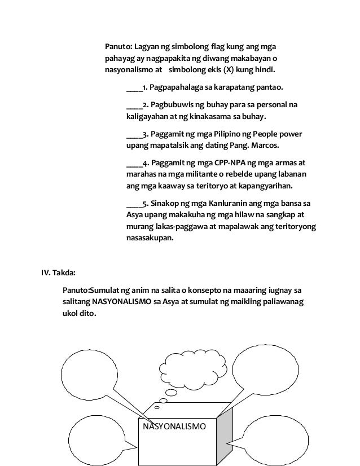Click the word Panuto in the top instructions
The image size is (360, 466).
(118, 46)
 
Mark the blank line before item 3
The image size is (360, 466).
(134, 134)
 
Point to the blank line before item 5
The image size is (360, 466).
(134, 203)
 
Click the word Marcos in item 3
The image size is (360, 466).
(265, 146)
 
